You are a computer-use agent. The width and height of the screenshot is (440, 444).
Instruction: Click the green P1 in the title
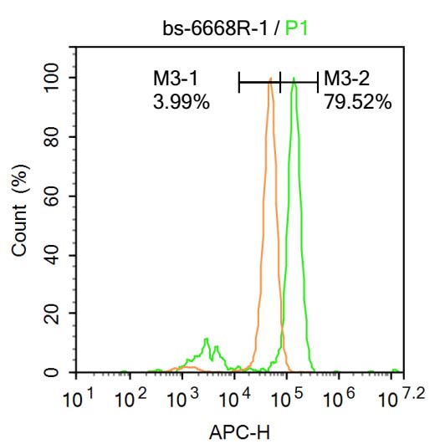(x=297, y=28)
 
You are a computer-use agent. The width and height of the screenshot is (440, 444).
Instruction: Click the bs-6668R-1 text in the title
(x=220, y=28)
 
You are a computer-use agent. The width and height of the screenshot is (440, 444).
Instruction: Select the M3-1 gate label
(x=174, y=79)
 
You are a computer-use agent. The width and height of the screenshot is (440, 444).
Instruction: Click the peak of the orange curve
(x=270, y=79)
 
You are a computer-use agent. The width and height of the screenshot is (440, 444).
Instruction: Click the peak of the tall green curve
(x=294, y=79)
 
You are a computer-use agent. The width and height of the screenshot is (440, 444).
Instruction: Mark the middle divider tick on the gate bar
(x=280, y=82)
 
